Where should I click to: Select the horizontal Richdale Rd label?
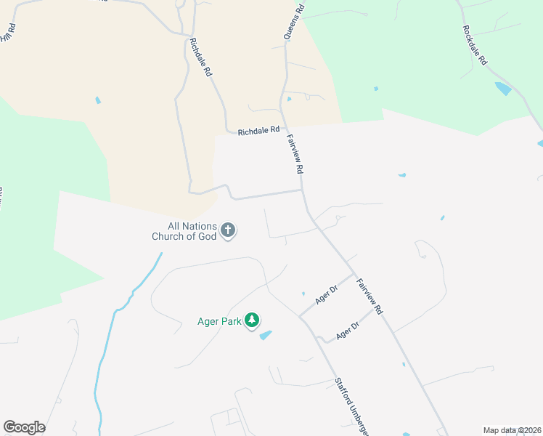(x=258, y=131)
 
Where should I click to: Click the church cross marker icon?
(x=228, y=231)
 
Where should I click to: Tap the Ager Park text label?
(x=219, y=320)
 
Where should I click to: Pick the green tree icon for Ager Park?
(x=252, y=320)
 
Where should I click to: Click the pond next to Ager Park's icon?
(x=266, y=335)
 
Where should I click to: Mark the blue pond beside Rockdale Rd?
(x=502, y=89)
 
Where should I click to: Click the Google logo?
(x=25, y=427)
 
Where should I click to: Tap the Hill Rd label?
(x=8, y=31)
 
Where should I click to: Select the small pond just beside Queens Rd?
(x=289, y=99)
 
